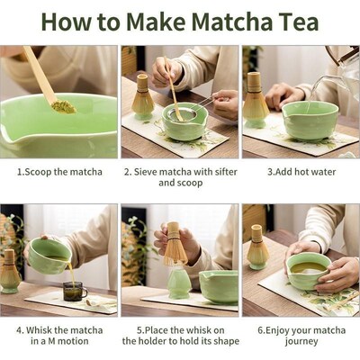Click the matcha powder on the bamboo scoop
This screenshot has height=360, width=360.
(x=63, y=106)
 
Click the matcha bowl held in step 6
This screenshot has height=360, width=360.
(x=309, y=270)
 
